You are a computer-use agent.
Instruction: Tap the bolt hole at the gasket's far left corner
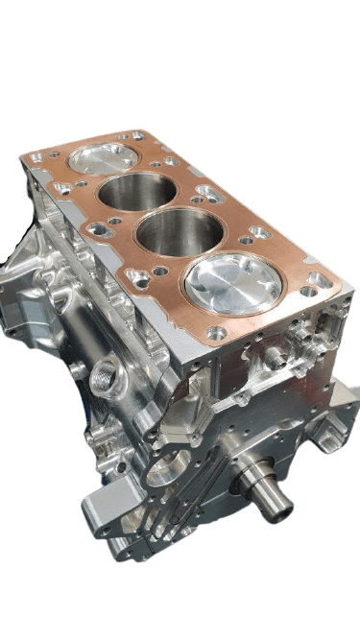tap(37, 156)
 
